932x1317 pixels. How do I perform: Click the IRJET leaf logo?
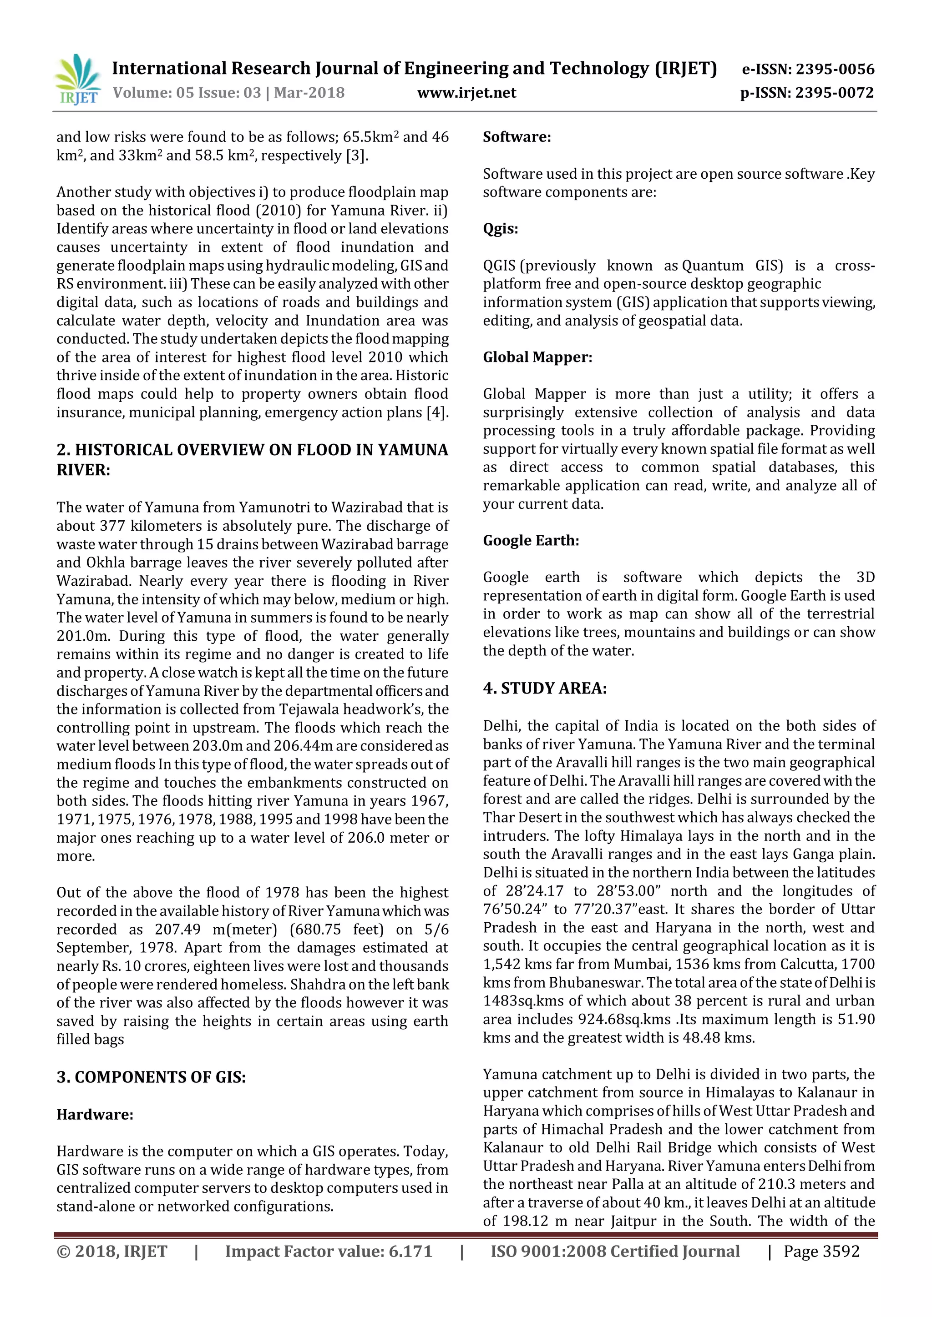[x=77, y=79]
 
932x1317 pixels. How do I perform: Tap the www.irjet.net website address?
[x=466, y=93]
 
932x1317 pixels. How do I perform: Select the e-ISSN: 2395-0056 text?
[x=808, y=70]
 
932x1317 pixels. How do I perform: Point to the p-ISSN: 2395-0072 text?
[x=807, y=93]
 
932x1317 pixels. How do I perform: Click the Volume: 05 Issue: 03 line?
[x=228, y=93]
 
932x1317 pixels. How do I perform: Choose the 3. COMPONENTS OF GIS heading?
[x=151, y=1077]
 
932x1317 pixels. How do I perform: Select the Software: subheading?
[x=517, y=137]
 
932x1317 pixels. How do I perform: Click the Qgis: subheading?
[x=501, y=229]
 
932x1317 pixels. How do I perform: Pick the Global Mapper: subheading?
[x=537, y=357]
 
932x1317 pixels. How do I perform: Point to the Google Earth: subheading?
[x=531, y=540]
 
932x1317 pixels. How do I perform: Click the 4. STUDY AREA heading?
[x=545, y=689]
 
